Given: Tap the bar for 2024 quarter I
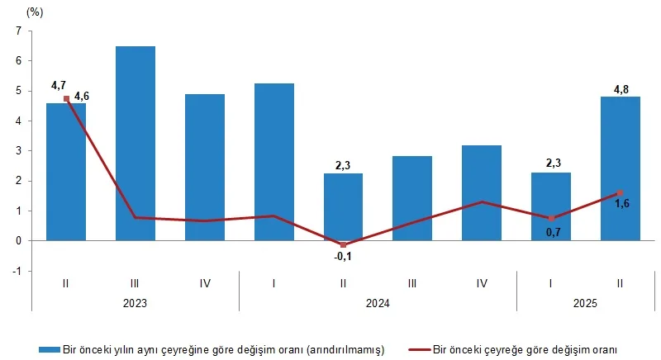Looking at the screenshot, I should coord(274,162).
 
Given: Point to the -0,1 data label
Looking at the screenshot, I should coord(343,256).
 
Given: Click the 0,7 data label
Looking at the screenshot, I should coord(551,232).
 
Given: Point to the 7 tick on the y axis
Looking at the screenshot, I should coord(17,31).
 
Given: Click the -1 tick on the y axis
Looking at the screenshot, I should coord(16,271).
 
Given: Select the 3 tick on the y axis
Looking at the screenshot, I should coord(17,151).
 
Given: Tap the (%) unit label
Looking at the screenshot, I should coord(35,12).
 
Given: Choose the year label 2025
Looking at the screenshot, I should coord(585,303).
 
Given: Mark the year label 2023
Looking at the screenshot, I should coord(136,303).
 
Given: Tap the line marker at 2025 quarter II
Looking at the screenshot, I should coord(620,193).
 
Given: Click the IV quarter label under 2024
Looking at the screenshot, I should coord(482,283).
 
